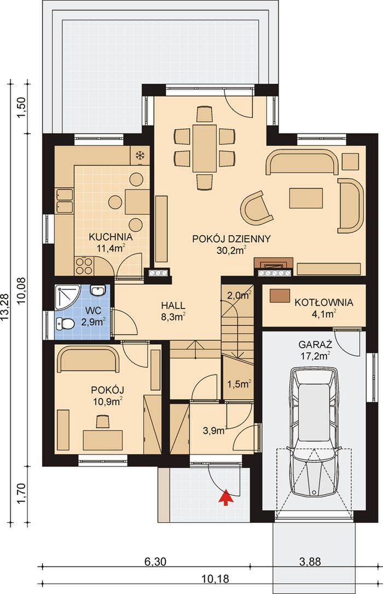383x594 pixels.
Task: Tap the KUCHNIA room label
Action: click(111, 237)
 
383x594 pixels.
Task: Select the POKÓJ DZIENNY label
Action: click(231, 239)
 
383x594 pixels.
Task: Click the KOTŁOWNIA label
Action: click(324, 302)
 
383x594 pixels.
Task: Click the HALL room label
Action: click(173, 305)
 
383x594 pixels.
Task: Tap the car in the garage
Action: click(314, 431)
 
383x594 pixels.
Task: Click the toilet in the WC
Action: click(65, 323)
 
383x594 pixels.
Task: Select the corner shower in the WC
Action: click(67, 298)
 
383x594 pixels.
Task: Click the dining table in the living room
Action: click(205, 148)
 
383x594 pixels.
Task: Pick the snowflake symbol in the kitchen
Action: click(140, 155)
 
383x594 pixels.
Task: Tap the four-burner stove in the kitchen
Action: click(84, 266)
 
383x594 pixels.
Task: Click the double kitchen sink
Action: click(64, 201)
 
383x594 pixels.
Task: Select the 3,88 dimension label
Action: click(310, 562)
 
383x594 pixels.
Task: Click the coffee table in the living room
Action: click(306, 198)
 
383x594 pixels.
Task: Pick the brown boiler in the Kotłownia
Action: click(280, 295)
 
